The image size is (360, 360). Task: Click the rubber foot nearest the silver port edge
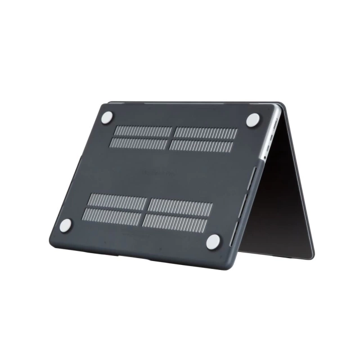pyautogui.click(x=253, y=120)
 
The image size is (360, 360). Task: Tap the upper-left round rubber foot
pyautogui.click(x=107, y=117)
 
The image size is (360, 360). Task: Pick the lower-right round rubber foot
pyautogui.click(x=214, y=242)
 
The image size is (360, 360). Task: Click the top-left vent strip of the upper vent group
pyautogui.click(x=143, y=132)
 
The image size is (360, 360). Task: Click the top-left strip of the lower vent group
pyautogui.click(x=115, y=201)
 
